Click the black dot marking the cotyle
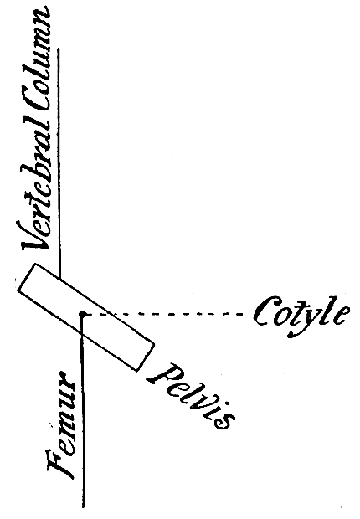click(83, 313)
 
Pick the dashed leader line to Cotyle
click(165, 313)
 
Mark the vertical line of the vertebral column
click(59, 163)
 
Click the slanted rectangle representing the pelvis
click(86, 316)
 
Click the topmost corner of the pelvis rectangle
click(35, 264)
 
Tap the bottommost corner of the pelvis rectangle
click(136, 371)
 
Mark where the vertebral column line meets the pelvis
click(59, 279)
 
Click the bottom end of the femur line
click(83, 507)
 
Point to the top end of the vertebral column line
click(59, 48)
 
